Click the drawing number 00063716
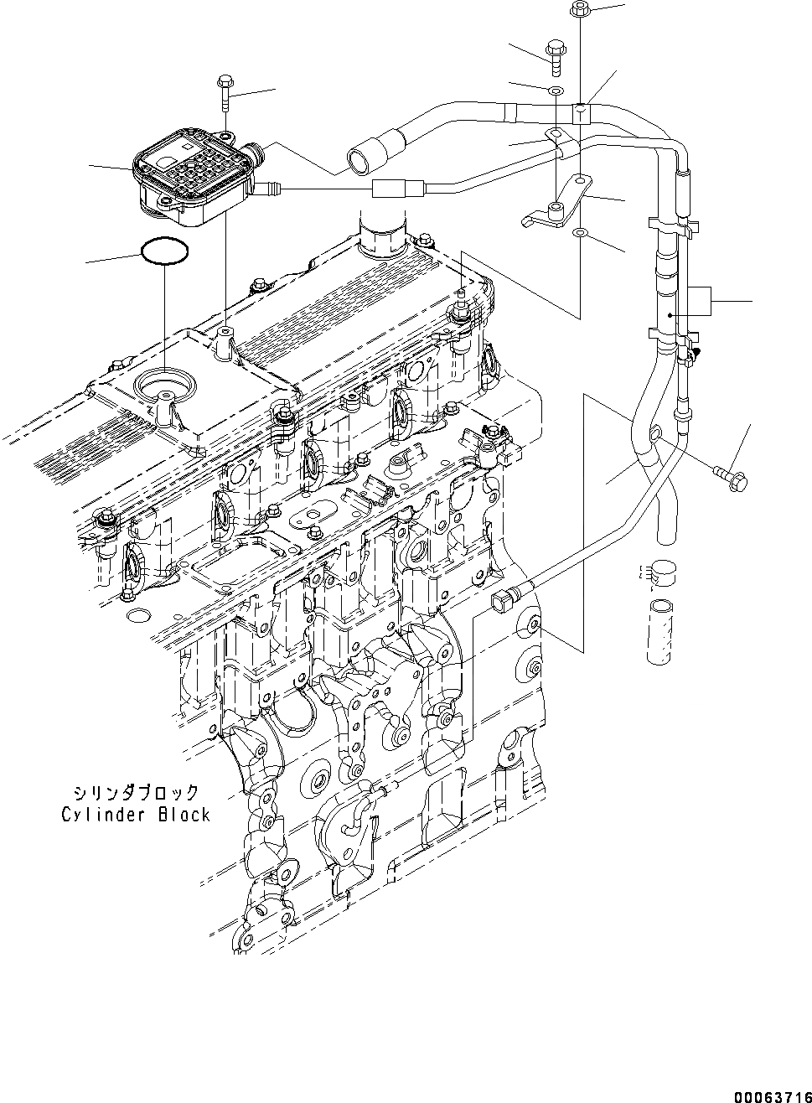click(773, 1095)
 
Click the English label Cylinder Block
click(135, 814)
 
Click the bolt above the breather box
click(225, 92)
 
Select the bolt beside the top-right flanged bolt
click(556, 52)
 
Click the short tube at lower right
click(660, 631)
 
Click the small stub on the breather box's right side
click(268, 189)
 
